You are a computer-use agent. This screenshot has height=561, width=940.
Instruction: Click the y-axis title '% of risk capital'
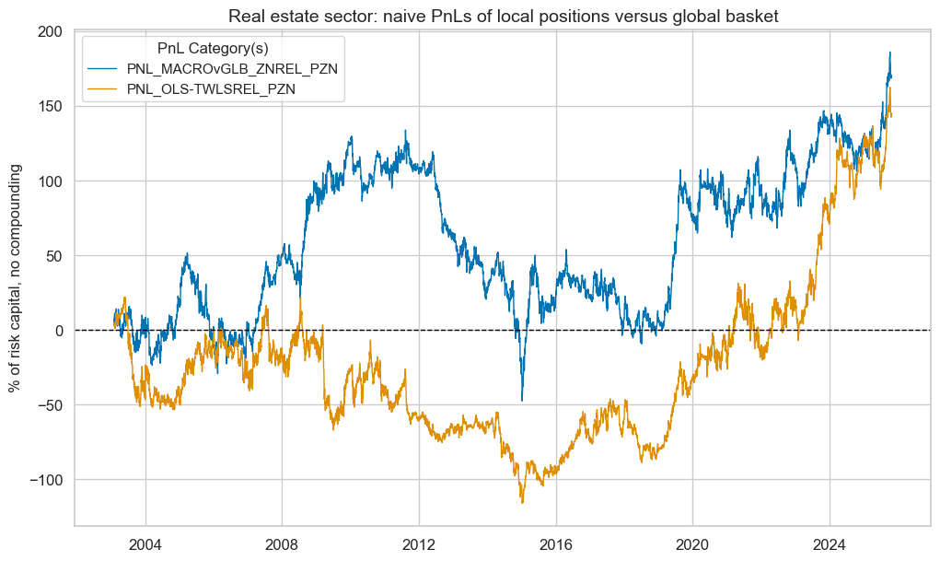click(x=16, y=277)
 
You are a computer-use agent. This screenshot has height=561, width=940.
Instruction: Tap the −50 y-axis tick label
click(x=51, y=404)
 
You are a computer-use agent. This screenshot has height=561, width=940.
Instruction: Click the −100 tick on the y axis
click(x=46, y=480)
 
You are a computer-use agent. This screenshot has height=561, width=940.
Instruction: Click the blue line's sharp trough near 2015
click(x=522, y=400)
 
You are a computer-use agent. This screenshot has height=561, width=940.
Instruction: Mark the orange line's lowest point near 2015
click(x=522, y=503)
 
